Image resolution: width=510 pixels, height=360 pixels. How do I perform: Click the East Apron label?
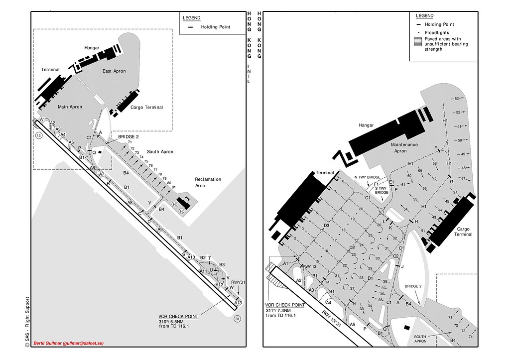(x=114, y=71)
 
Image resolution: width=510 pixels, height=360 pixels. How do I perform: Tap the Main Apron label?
(x=70, y=107)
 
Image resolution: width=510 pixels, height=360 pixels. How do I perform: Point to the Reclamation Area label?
(x=208, y=182)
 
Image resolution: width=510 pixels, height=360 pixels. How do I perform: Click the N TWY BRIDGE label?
(x=367, y=177)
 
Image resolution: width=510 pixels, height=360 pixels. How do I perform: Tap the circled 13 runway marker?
(x=39, y=135)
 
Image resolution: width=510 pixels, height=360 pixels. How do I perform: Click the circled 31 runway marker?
(x=238, y=319)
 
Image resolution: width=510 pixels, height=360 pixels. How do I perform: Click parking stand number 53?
(x=457, y=99)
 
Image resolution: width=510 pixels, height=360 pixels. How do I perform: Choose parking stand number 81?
(x=173, y=187)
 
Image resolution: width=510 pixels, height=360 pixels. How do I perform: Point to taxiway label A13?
(x=238, y=303)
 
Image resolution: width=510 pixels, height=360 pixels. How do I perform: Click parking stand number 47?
(x=464, y=178)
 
